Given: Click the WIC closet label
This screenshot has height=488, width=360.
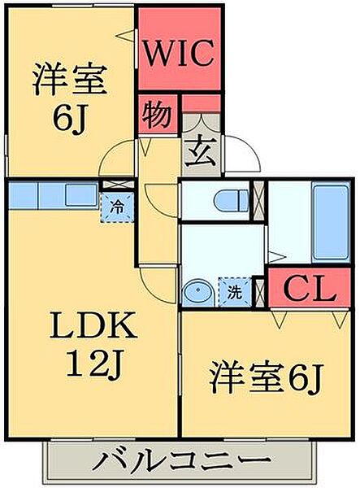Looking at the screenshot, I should [x=180, y=54].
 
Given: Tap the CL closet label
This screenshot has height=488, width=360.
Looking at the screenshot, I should [x=309, y=288].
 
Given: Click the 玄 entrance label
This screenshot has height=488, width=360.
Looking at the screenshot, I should [x=200, y=151].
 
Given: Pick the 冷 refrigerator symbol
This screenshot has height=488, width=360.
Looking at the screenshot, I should [x=116, y=207].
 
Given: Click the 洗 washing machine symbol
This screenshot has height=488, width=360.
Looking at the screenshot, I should [x=235, y=292].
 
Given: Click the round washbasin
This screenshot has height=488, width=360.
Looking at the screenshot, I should [x=197, y=293].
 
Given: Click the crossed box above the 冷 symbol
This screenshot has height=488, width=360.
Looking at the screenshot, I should [x=115, y=185].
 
